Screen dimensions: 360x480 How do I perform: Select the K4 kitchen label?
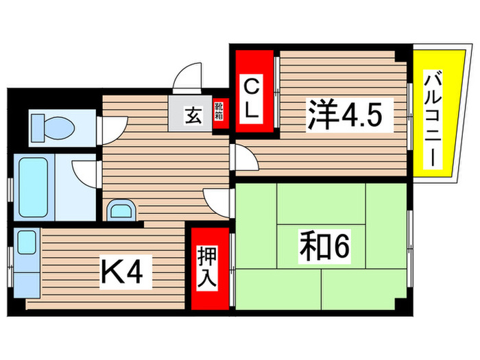coord(123,273)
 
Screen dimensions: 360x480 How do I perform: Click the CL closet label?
coord(252,100)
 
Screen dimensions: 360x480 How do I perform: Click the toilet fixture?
coord(52,125)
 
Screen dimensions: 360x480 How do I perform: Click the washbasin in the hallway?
coord(121,208)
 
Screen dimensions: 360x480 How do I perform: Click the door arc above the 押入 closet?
coord(217,203)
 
